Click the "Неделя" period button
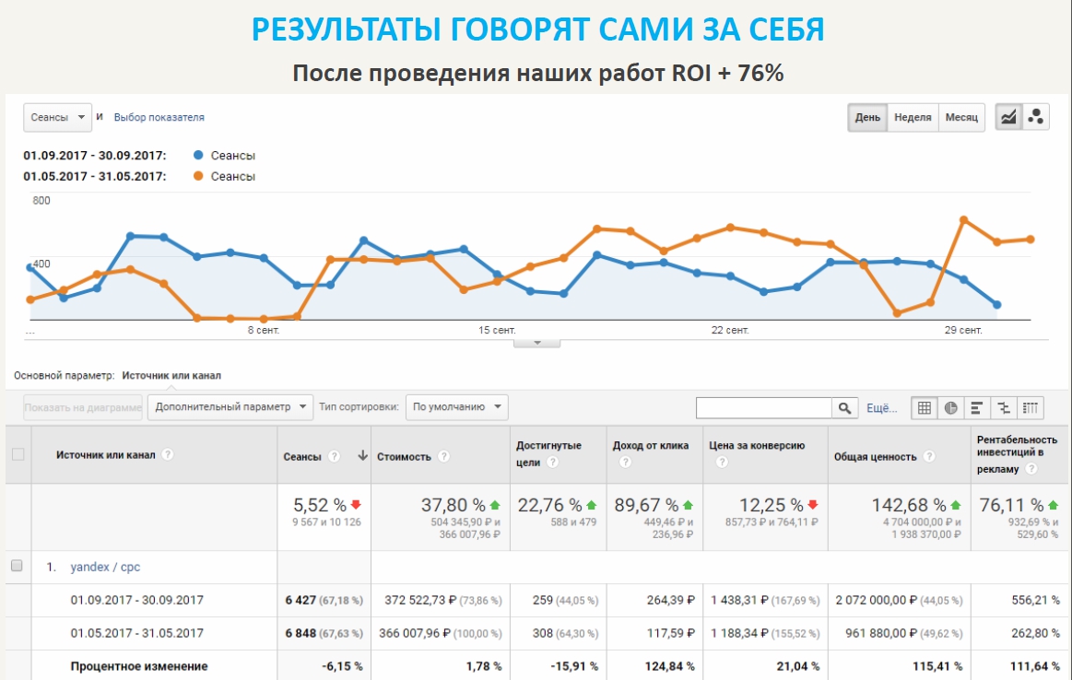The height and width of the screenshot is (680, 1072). click(913, 118)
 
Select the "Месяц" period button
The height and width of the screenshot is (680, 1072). click(961, 118)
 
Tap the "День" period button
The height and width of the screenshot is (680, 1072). click(867, 118)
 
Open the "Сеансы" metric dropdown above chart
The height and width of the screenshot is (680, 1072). click(57, 117)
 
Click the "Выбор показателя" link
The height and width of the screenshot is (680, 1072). click(159, 118)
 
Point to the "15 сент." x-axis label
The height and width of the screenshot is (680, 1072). click(497, 330)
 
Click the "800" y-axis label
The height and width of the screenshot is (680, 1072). click(41, 200)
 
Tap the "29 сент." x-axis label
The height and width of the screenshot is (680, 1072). click(963, 330)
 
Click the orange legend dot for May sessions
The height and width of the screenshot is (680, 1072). click(198, 176)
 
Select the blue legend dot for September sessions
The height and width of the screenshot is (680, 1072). click(198, 156)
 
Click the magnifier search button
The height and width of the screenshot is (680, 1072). click(844, 407)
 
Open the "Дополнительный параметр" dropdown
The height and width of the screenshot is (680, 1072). click(221, 406)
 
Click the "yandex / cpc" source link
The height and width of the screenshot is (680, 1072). click(105, 567)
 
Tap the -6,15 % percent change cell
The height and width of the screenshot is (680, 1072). click(342, 666)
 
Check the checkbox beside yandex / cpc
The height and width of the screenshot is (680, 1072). click(17, 566)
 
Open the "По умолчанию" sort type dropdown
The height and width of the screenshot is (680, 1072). click(457, 406)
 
